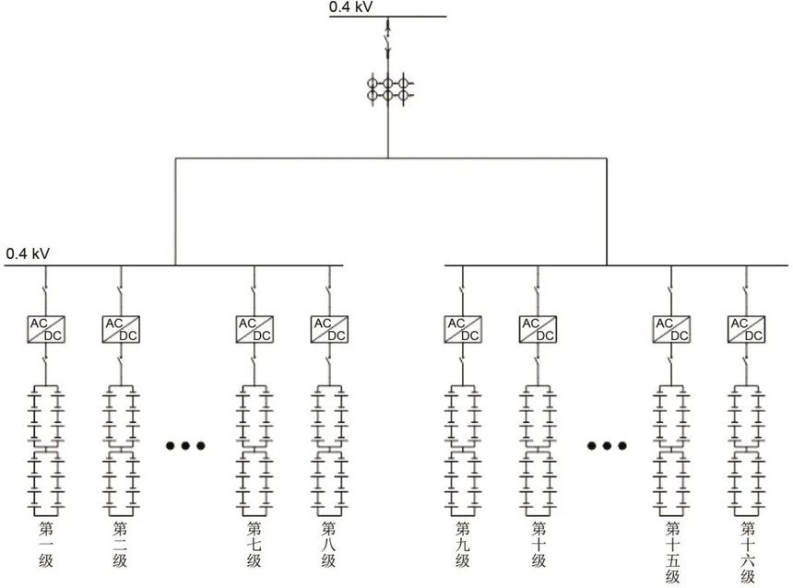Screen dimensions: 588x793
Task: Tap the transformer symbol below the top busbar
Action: pyautogui.click(x=388, y=89)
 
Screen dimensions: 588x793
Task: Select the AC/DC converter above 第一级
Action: pyautogui.click(x=45, y=329)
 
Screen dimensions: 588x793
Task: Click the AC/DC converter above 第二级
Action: pyautogui.click(x=120, y=329)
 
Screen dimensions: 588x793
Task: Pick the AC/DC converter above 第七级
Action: pyautogui.click(x=254, y=329)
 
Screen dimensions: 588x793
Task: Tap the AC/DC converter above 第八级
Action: pyautogui.click(x=329, y=329)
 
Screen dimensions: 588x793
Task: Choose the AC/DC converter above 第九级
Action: pyautogui.click(x=463, y=329)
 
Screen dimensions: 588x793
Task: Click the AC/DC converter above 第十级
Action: pyautogui.click(x=538, y=329)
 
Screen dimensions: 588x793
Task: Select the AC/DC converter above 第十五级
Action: pyautogui.click(x=671, y=329)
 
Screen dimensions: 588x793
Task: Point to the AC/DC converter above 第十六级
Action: pyautogui.click(x=746, y=329)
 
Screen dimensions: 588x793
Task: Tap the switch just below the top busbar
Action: pyautogui.click(x=388, y=38)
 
